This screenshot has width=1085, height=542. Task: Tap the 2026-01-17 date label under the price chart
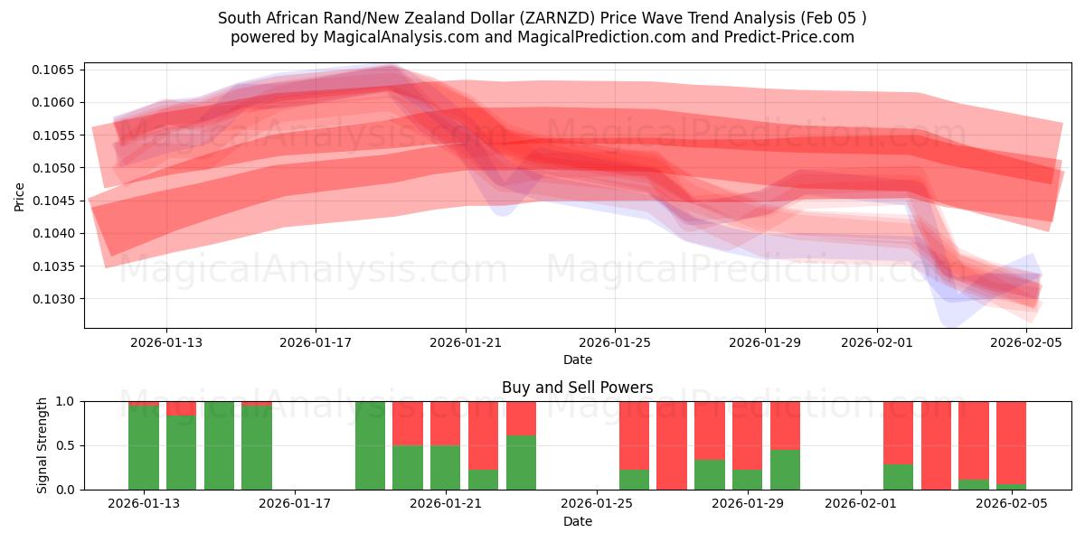316,343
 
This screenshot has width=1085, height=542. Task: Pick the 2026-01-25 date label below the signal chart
597,504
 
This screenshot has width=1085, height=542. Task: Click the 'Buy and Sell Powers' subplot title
578,388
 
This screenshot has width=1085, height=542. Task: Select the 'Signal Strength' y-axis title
42,444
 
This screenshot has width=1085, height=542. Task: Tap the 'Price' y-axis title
20,196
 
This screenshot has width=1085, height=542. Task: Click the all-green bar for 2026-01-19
370,445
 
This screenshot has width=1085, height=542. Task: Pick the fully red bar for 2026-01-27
672,445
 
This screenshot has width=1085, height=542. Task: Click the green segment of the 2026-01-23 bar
521,463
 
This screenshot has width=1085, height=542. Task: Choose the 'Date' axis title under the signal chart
578,521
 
